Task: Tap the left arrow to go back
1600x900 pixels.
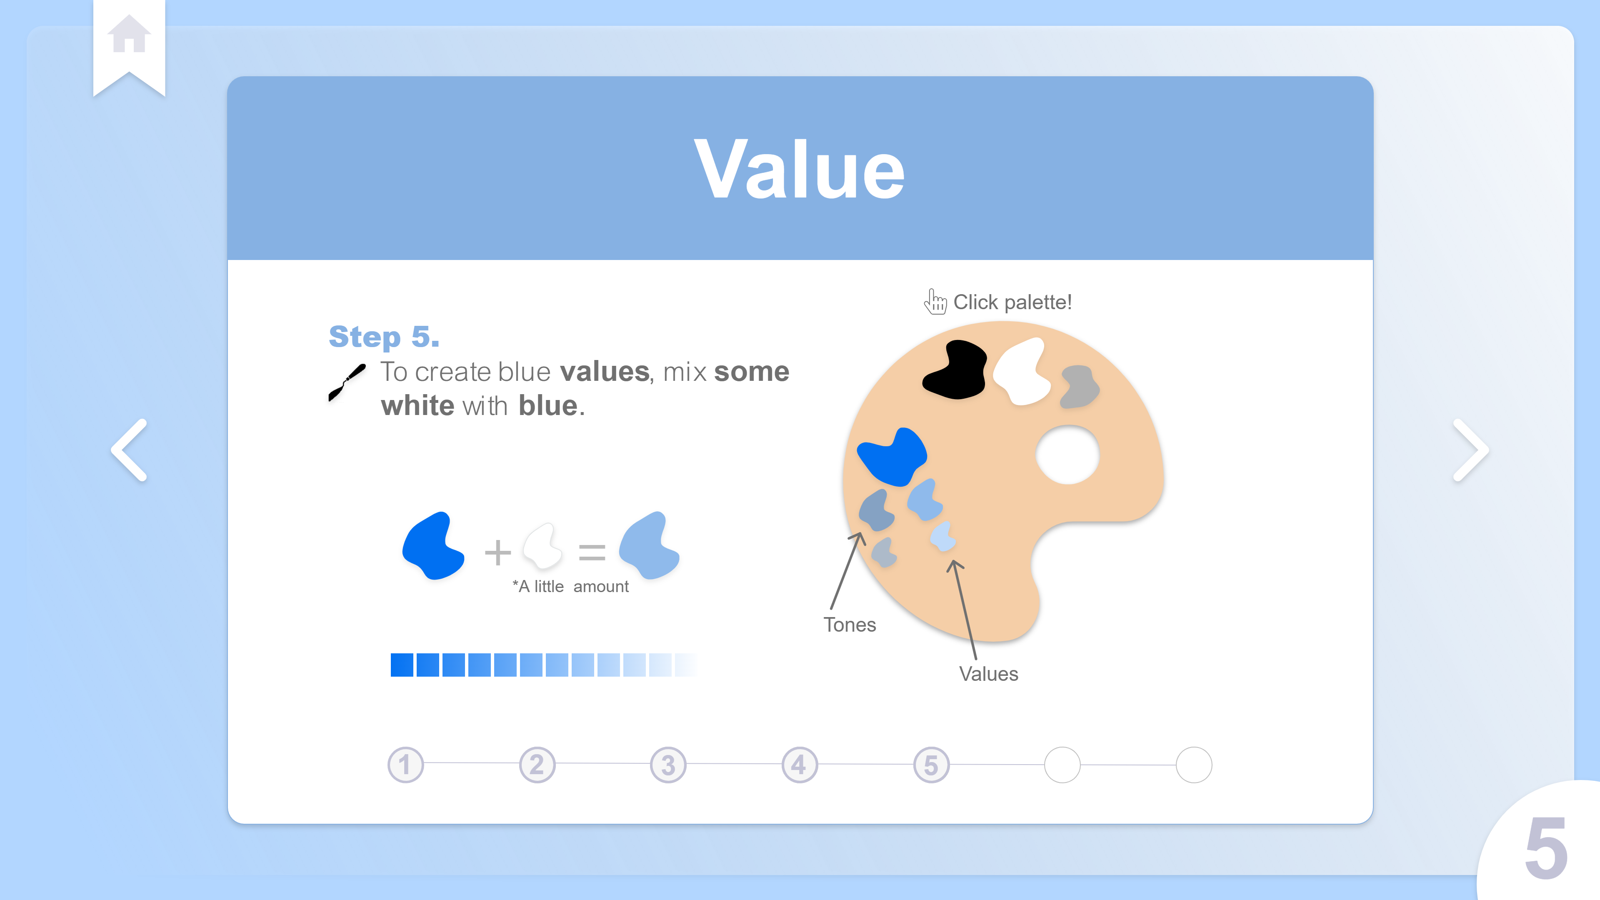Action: (x=129, y=450)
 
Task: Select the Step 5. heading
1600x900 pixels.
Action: (x=384, y=337)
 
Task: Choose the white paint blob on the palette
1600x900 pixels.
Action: (x=1022, y=371)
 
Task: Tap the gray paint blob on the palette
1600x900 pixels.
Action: (x=1080, y=386)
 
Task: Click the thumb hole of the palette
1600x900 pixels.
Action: (x=1067, y=455)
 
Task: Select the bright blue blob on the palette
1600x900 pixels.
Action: (x=892, y=457)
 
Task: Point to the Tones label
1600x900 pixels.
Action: (x=850, y=624)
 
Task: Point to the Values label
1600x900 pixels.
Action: (x=988, y=674)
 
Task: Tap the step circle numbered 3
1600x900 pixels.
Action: (x=667, y=765)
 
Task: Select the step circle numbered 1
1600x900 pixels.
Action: (x=405, y=765)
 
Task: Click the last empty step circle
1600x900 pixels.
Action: (x=1194, y=765)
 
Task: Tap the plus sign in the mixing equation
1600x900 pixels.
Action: (x=497, y=552)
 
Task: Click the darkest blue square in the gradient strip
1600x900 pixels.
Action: (x=402, y=665)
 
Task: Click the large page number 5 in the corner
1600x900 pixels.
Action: (x=1547, y=848)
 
